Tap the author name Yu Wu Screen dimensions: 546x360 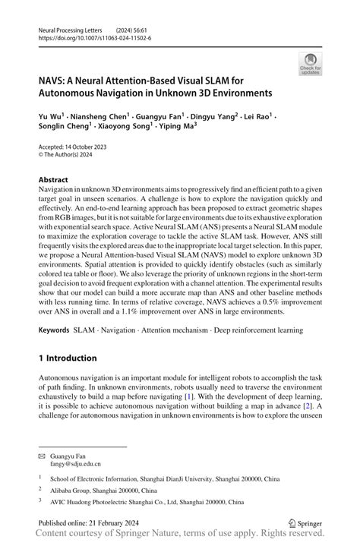[x=50, y=118]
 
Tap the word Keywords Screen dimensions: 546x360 [x=55, y=330]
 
